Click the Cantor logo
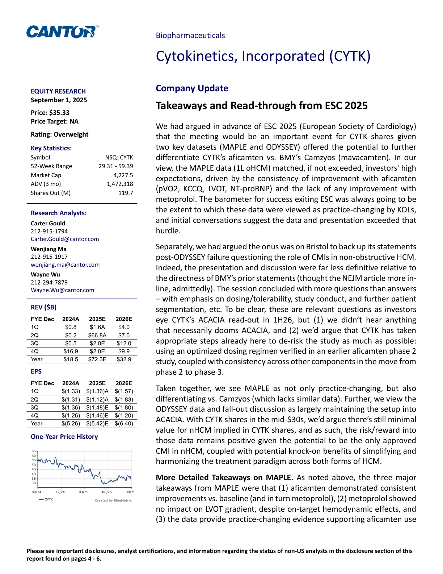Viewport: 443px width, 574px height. pyautogui.click(x=62, y=32)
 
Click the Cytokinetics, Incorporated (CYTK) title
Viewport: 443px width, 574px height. pyautogui.click(x=263, y=56)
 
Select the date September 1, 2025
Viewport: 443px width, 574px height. pyautogui.click(x=59, y=100)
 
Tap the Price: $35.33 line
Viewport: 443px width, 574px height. pyautogui.click(x=50, y=113)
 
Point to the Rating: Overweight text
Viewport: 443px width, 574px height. pyautogui.click(x=59, y=134)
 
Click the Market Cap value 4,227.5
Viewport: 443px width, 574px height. pyautogui.click(x=123, y=175)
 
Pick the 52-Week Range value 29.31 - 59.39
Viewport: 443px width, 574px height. pyautogui.click(x=115, y=166)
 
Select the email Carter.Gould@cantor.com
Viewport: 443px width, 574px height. pyautogui.click(x=65, y=239)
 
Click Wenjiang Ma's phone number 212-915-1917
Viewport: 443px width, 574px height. pyautogui.click(x=49, y=257)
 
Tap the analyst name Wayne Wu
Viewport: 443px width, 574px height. pyautogui.click(x=45, y=275)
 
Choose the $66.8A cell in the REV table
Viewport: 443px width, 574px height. pyautogui.click(x=97, y=336)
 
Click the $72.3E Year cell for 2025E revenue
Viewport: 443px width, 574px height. pyautogui.click(x=97, y=359)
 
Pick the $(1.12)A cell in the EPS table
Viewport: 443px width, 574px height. pyautogui.click(x=97, y=399)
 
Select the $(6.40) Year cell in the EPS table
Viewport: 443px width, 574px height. pyautogui.click(x=124, y=424)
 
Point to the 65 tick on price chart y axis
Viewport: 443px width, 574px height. pyautogui.click(x=34, y=451)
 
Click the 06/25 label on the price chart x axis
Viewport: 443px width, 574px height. pyautogui.click(x=107, y=492)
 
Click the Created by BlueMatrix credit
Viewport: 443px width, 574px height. pyautogui.click(x=113, y=500)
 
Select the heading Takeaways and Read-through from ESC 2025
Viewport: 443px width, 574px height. pyautogui.click(x=262, y=106)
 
